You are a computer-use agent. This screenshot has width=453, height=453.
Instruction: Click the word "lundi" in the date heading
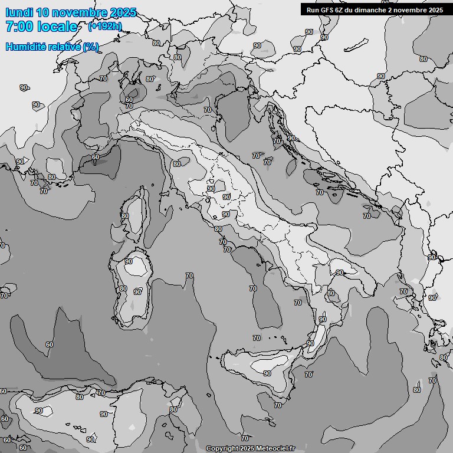tap(19, 12)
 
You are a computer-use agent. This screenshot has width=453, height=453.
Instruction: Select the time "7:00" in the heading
tap(19, 27)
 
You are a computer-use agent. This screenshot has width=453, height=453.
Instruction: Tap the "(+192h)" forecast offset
tap(104, 27)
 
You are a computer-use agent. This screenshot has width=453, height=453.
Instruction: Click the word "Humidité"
tap(25, 47)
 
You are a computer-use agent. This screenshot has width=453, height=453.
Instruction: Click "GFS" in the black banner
tap(327, 9)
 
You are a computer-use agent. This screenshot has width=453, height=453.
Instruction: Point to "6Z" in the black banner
tap(340, 9)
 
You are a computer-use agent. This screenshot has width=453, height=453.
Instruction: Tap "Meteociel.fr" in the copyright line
tap(275, 449)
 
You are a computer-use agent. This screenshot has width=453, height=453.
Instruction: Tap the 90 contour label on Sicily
tap(267, 373)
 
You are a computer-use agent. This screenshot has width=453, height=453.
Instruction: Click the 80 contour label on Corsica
tap(124, 216)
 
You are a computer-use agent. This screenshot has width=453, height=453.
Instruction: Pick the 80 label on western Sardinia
tap(123, 288)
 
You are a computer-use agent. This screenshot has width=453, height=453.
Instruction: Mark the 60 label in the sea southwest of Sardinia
tap(50, 344)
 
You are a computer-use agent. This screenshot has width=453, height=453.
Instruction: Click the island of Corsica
tap(136, 215)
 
